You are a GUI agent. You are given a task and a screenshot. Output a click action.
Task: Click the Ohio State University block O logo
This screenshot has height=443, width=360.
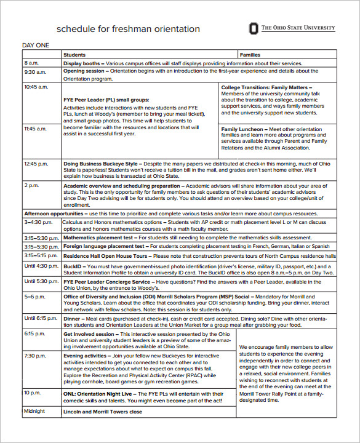[x=254, y=28]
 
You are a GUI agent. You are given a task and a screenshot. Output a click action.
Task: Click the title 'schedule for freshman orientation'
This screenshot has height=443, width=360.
[x=128, y=29]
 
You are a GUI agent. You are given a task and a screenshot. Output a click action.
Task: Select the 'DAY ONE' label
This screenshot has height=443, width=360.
[x=36, y=46]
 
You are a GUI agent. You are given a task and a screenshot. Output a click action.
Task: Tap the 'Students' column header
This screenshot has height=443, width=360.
[x=74, y=55]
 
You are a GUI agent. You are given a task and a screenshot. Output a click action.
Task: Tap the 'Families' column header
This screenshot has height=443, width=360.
[x=249, y=55]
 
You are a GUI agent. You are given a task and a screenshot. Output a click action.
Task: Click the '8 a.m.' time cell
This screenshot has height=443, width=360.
[x=31, y=63]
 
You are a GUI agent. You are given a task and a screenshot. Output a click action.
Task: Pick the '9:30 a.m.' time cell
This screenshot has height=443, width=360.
[x=33, y=71]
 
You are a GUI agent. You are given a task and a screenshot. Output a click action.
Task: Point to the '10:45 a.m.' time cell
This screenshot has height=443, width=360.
[x=36, y=87]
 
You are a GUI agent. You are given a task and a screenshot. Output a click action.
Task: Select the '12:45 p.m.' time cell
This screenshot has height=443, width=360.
[x=36, y=164]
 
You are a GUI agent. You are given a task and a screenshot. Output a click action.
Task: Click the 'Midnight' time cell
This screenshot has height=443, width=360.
[x=35, y=411]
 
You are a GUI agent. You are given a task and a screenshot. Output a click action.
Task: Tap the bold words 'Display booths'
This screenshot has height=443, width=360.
[x=81, y=63]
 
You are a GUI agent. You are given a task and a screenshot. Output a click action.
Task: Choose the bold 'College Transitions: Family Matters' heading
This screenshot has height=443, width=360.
[x=264, y=87]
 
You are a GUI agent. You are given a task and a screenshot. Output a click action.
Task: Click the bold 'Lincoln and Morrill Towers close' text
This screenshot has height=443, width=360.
[x=102, y=412]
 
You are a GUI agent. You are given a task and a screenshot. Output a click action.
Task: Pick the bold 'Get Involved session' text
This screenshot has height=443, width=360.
[x=89, y=334]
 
